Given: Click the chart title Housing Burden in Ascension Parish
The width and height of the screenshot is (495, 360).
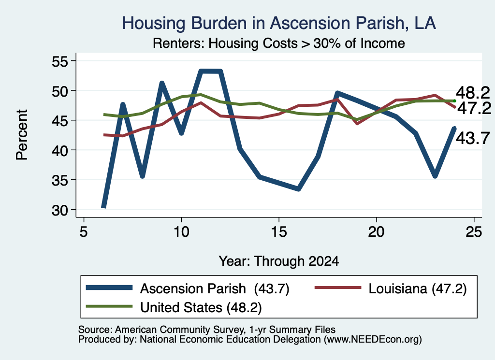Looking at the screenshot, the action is (279, 23).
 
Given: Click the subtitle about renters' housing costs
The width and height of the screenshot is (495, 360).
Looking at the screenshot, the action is (279, 43).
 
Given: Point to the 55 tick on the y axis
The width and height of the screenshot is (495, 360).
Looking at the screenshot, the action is (59, 61).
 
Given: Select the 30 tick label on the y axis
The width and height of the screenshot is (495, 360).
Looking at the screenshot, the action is (59, 210).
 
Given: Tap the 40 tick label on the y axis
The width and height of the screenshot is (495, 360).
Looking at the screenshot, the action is (59, 150).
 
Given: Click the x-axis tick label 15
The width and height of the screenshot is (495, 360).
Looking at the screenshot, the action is (279, 232).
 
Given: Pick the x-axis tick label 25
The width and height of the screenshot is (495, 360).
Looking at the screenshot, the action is (474, 232).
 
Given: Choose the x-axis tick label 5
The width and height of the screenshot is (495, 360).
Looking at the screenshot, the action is (83, 232).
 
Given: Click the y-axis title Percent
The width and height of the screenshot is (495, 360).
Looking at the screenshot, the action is (22, 135).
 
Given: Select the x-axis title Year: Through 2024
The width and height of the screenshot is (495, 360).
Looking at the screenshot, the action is (279, 261).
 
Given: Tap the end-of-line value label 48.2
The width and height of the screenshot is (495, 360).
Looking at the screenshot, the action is (473, 93).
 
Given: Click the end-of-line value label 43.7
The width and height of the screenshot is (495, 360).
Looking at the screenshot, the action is (473, 138).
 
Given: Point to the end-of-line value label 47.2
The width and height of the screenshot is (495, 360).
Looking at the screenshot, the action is (474, 109).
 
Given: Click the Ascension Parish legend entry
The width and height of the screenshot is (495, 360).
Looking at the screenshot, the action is (188, 288).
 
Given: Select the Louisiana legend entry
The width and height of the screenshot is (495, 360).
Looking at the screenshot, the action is (391, 288).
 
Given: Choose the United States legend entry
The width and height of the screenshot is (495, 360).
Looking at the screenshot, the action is (174, 307).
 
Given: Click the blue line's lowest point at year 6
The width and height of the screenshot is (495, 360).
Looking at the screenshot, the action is (103, 207).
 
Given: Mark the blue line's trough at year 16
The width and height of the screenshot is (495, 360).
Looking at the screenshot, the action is (298, 188).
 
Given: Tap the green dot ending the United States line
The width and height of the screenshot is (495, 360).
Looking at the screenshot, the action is (454, 101).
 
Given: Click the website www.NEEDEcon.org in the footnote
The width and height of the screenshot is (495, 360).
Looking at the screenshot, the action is (373, 340).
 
